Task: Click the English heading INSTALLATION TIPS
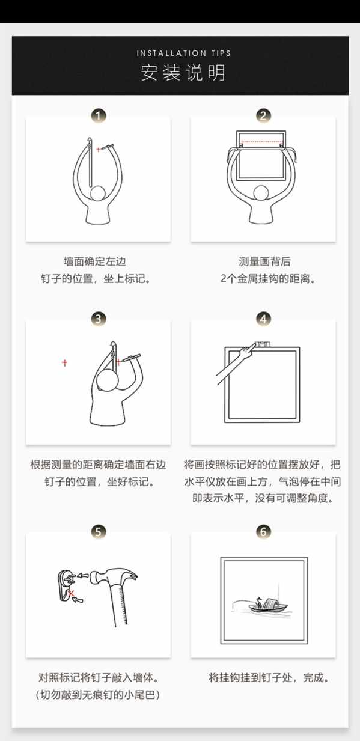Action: (184, 53)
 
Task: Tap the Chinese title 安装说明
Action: (183, 73)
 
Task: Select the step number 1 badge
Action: (99, 116)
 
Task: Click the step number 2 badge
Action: (263, 116)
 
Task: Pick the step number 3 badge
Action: (99, 319)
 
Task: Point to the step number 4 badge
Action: (263, 319)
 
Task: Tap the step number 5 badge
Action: (99, 532)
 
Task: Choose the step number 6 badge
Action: (263, 532)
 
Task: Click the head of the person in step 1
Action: (98, 193)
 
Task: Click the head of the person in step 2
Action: (261, 193)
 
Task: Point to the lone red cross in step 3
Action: (64, 363)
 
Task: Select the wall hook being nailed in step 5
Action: (67, 584)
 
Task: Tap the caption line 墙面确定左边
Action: (95, 261)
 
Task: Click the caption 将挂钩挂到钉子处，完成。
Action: (270, 678)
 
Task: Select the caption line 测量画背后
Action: (264, 261)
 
